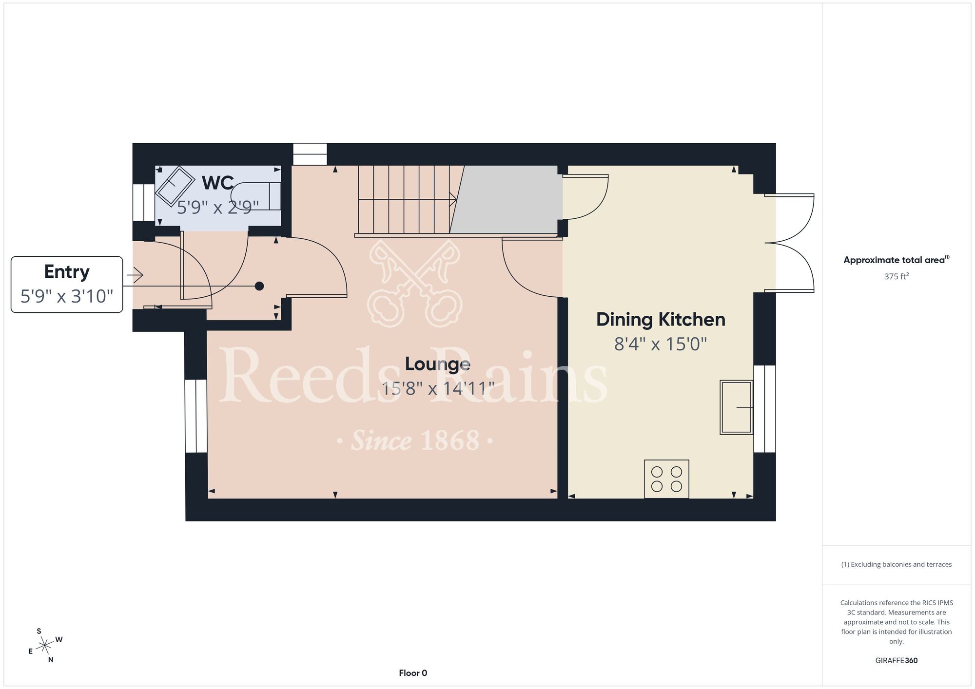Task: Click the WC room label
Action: coord(217,183)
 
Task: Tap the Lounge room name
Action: coord(437,364)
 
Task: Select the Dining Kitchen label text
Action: coord(661,320)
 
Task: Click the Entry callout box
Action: coord(67,285)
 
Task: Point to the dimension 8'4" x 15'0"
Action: coord(661,344)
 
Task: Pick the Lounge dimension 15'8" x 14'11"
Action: coord(437,388)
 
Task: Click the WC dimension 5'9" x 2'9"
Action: coord(217,208)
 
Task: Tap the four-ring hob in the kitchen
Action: coord(666,479)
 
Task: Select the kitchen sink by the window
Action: coord(737,407)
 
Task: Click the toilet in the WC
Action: coord(256,196)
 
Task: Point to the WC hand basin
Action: coord(175,186)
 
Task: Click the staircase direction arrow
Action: coord(408,199)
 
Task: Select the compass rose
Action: coord(45,646)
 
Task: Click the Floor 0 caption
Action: coord(413,673)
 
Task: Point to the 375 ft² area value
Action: coord(897,276)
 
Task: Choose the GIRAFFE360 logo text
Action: coord(897,661)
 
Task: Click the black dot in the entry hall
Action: coord(259,286)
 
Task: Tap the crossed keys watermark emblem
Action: coord(415,283)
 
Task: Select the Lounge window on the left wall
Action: coord(196,416)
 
